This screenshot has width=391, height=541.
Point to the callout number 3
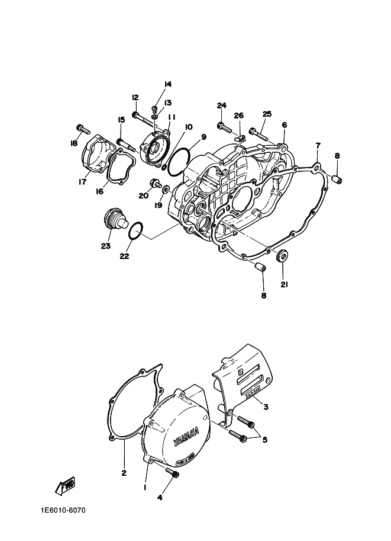[266, 407]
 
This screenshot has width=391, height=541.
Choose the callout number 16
[99, 191]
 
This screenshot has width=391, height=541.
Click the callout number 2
[124, 472]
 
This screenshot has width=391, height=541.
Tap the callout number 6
[284, 125]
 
